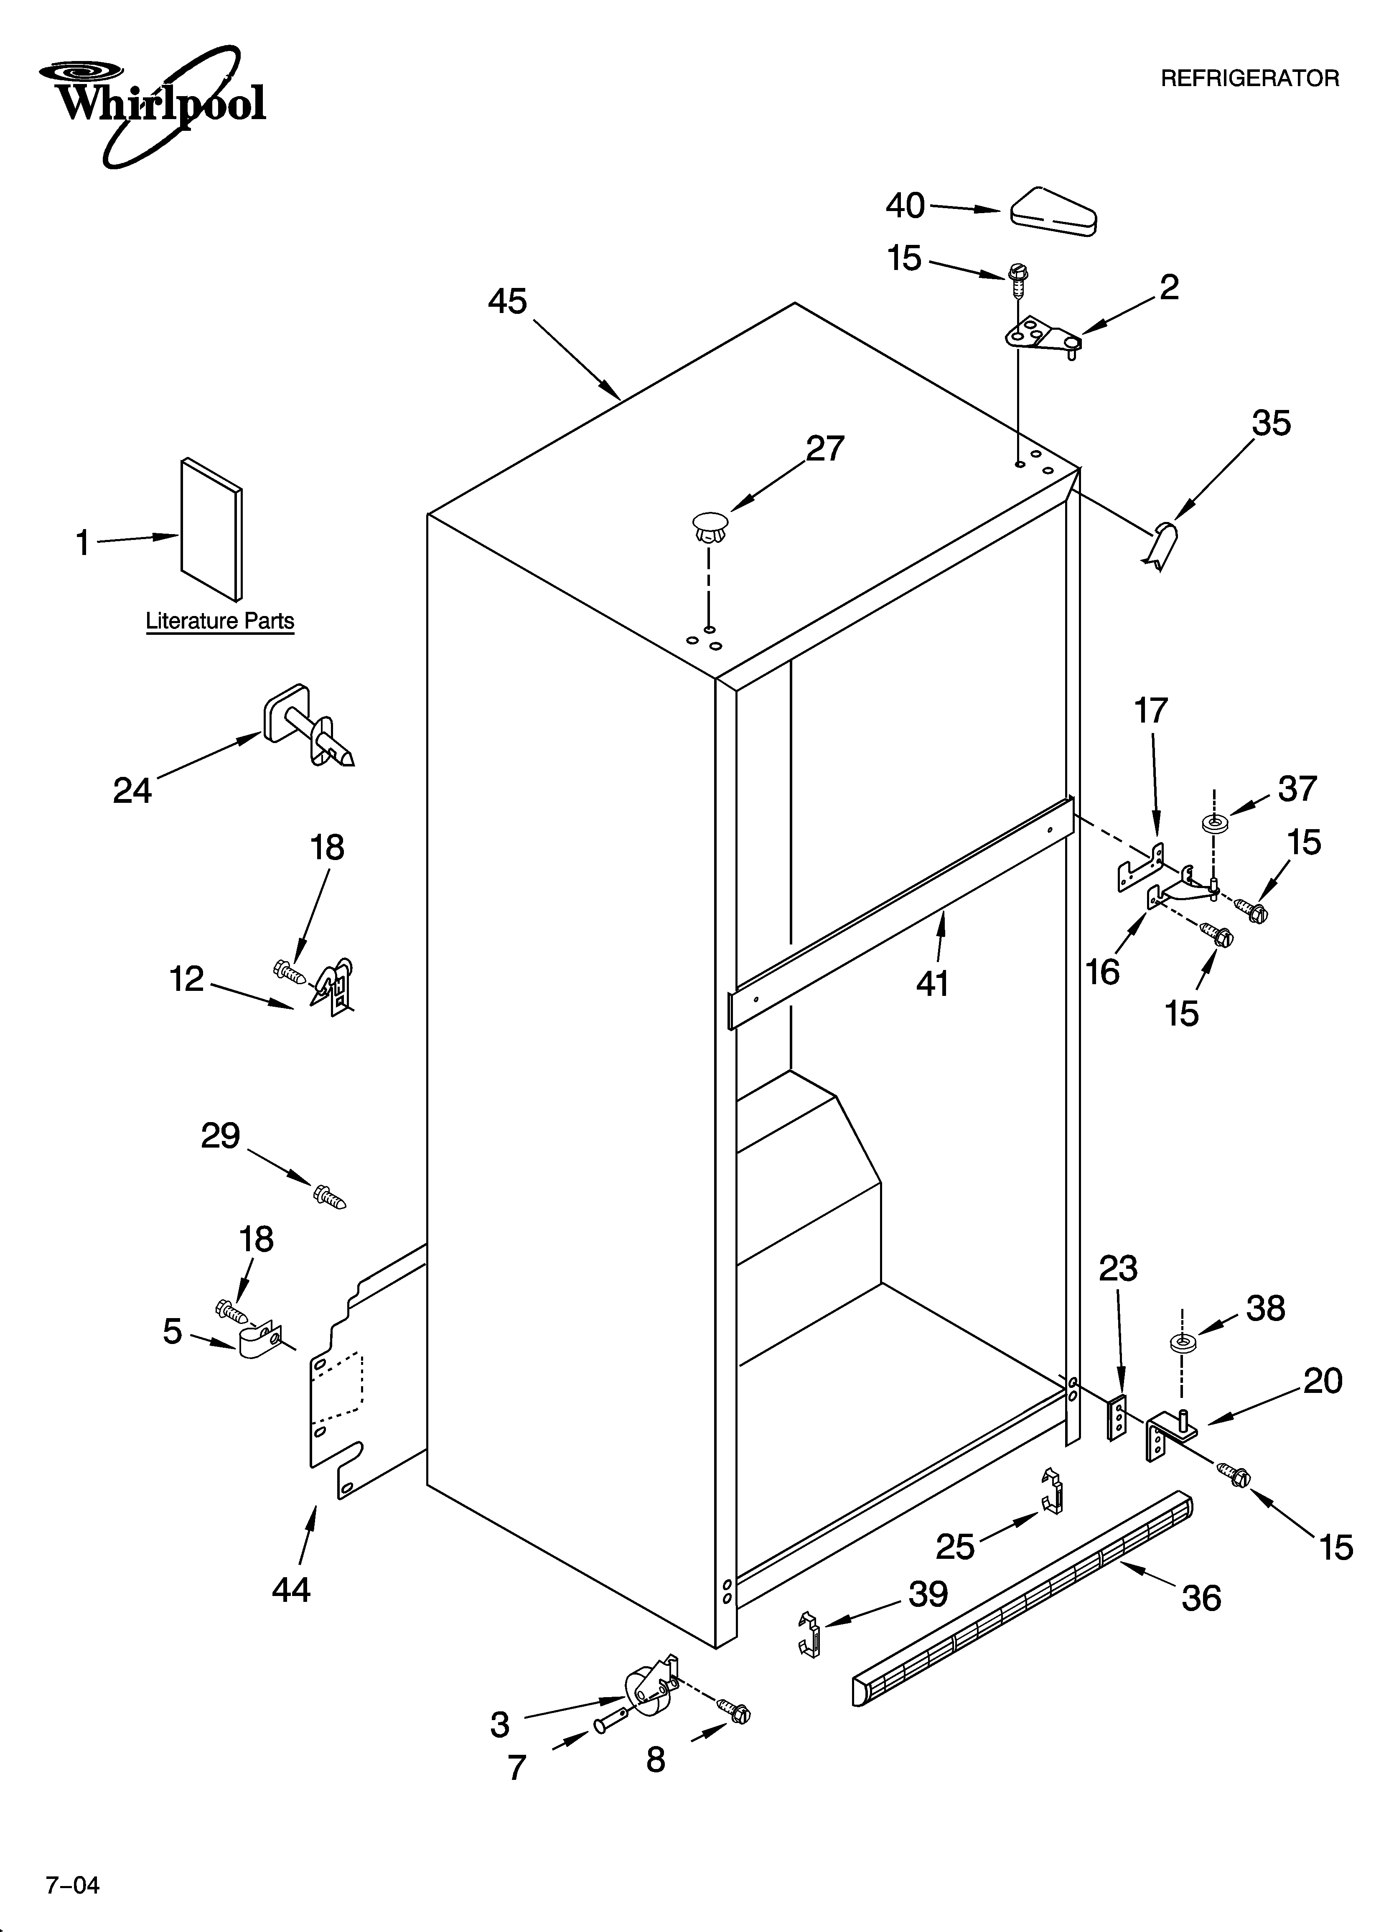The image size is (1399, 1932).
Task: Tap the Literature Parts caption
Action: pos(220,621)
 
